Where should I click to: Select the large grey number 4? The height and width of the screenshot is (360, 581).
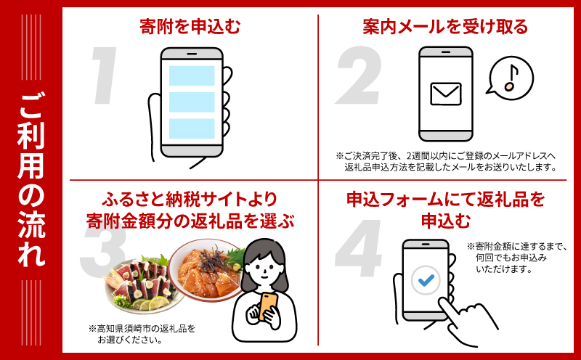click(x=360, y=258)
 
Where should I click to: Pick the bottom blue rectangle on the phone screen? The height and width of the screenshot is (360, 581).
click(x=192, y=128)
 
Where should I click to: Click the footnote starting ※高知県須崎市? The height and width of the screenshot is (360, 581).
click(x=142, y=333)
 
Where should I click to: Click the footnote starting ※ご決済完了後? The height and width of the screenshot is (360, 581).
click(x=446, y=161)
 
